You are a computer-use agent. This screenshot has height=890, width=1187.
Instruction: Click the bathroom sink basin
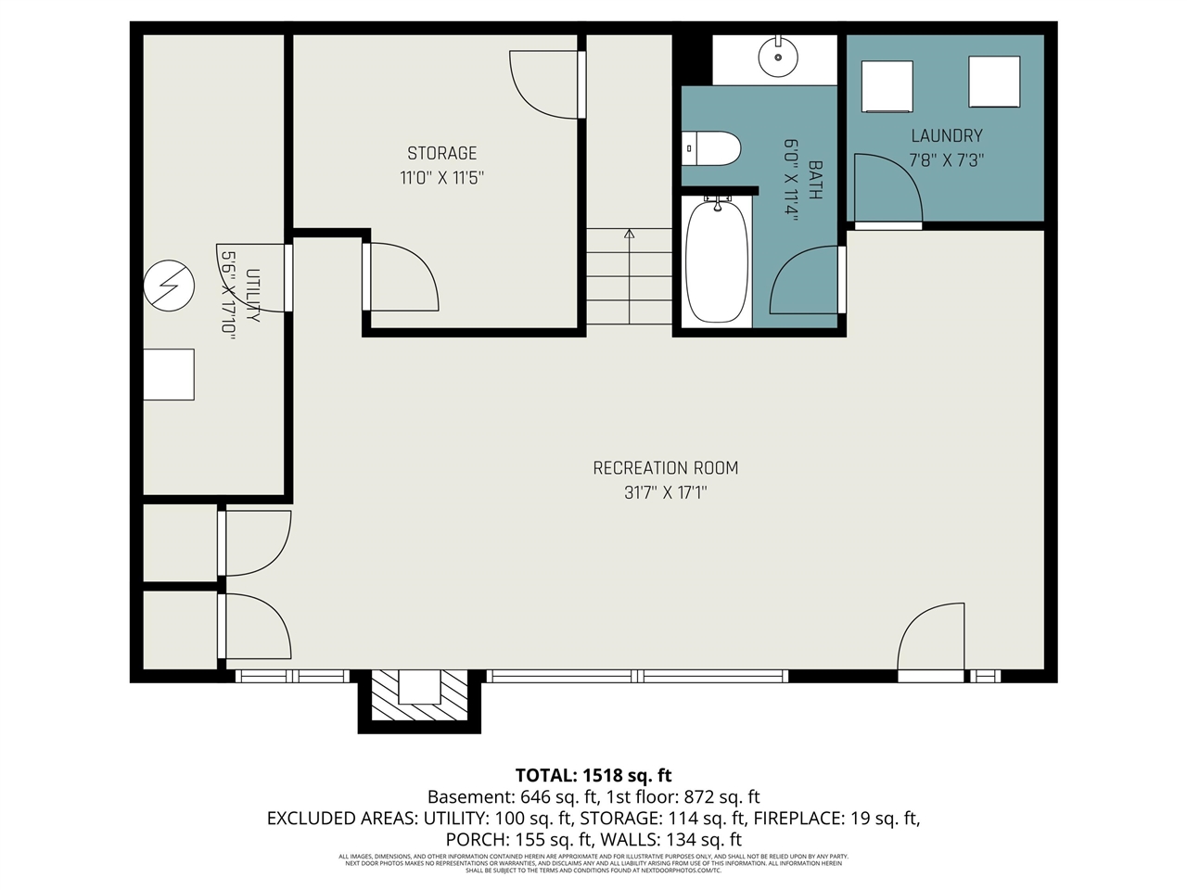(777, 57)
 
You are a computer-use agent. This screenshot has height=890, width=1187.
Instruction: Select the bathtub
(716, 261)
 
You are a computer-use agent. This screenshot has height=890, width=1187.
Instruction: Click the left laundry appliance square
(887, 86)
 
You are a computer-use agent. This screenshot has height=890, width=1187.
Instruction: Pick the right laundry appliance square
(994, 82)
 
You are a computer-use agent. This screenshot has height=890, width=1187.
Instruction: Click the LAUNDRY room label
(946, 135)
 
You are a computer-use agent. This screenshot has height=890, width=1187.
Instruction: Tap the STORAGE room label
(441, 153)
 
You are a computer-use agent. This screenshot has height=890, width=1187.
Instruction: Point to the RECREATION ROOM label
(665, 468)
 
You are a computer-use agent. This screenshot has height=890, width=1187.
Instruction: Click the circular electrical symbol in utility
(169, 286)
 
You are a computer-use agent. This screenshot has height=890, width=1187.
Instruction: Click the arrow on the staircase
(629, 235)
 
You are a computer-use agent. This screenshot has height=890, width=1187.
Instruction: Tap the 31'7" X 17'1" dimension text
(665, 493)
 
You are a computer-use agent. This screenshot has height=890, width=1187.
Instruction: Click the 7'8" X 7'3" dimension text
(946, 160)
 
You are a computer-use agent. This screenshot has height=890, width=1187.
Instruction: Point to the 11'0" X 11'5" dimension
(441, 178)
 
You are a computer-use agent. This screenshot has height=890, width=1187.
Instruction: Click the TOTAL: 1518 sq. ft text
(593, 775)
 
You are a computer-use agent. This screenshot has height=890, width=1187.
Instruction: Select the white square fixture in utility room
(169, 375)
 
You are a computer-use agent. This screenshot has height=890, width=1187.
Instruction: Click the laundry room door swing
(886, 190)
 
